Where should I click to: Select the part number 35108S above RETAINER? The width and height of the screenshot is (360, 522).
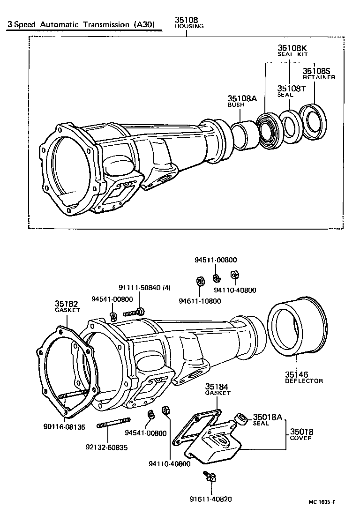[318, 71]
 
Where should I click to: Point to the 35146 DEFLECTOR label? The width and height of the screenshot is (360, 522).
[304, 377]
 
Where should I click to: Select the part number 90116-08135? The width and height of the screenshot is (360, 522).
[64, 427]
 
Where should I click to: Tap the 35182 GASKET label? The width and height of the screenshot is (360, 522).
[67, 306]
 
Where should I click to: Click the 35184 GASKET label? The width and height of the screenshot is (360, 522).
[217, 389]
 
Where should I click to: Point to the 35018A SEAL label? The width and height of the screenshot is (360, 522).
[267, 419]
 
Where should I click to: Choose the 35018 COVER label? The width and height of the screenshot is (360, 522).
[301, 434]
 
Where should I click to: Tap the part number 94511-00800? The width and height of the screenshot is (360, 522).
[216, 260]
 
